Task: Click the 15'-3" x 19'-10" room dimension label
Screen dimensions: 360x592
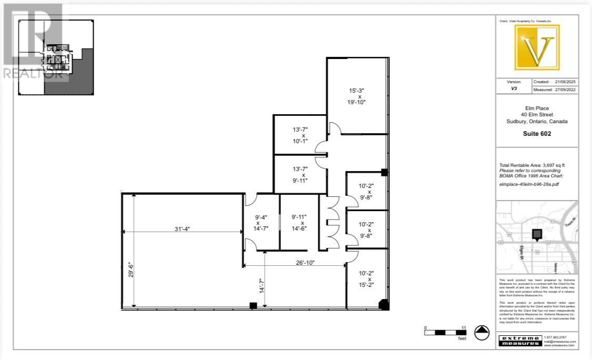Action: click(356, 96)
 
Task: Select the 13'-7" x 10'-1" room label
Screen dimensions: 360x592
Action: click(300, 135)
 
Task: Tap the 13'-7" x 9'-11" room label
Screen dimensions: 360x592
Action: click(300, 174)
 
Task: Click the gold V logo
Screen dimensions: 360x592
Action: click(537, 47)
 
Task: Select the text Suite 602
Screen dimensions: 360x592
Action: click(537, 134)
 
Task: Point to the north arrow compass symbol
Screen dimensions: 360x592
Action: click(482, 333)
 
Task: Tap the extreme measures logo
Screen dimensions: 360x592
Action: click(519, 340)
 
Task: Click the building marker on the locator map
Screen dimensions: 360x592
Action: click(537, 234)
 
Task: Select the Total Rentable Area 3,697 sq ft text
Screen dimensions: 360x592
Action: click(533, 165)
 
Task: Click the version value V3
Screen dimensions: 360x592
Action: click(514, 89)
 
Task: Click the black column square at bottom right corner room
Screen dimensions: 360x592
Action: click(384, 304)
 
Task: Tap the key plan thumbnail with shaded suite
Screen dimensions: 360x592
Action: click(56, 57)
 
